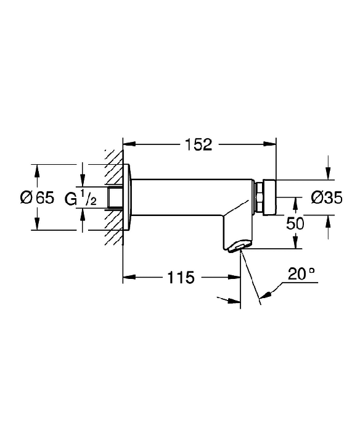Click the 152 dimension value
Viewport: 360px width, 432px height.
[198, 144]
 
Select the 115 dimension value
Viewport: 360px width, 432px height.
[181, 277]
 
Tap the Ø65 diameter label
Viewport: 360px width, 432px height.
[38, 197]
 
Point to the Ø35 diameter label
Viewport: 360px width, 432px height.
[327, 197]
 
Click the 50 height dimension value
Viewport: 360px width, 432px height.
[295, 223]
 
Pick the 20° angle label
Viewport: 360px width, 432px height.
[301, 274]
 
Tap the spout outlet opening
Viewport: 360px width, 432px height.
[239, 246]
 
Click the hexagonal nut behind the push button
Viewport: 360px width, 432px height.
[259, 197]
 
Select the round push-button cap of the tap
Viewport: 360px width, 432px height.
[269, 197]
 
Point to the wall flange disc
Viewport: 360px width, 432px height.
[127, 197]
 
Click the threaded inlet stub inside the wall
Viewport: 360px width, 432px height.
[116, 197]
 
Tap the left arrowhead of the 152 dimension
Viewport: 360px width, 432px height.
[129, 144]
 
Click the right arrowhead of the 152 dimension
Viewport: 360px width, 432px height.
[269, 144]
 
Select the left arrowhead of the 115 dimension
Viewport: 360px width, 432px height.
[129, 277]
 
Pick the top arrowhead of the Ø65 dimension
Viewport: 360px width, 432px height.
[38, 171]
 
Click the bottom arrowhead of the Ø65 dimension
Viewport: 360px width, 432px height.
[38, 223]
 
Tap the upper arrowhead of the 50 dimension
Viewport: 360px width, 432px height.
[295, 204]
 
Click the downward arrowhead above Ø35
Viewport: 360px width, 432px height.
[328, 173]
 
